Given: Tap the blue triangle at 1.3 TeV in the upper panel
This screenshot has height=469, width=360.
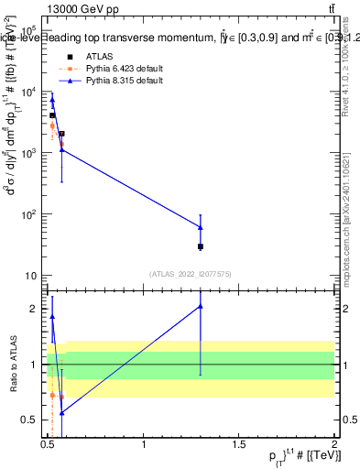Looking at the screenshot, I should click(x=200, y=227).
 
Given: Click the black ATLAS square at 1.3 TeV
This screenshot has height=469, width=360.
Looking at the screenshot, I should click(x=200, y=246).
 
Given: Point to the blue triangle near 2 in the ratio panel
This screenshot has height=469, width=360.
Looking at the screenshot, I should click(x=200, y=306).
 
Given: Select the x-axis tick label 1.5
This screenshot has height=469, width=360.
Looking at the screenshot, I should click(x=239, y=445).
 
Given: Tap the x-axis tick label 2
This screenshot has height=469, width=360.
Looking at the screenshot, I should click(x=334, y=445).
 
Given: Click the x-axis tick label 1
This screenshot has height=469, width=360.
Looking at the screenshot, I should click(x=144, y=445).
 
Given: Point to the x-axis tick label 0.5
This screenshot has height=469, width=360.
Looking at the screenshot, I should click(x=49, y=445).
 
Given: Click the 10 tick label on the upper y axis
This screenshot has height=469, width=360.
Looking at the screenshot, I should click(x=28, y=276).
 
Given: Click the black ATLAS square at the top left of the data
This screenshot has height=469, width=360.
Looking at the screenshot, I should click(x=52, y=115).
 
